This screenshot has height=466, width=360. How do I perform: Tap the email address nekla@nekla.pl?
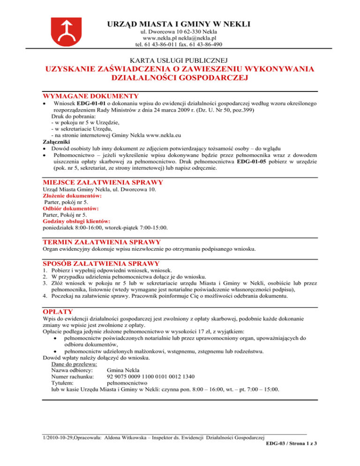click(196, 38)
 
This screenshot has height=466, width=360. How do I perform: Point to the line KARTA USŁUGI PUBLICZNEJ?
click(180, 60)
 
